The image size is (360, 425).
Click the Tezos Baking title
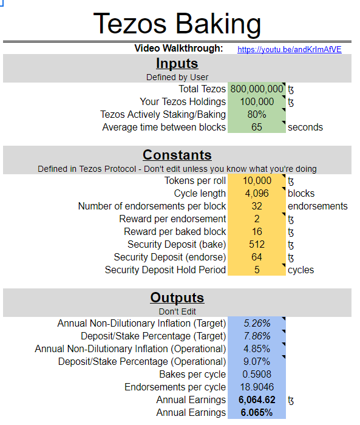177,24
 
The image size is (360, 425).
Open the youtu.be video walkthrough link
289,49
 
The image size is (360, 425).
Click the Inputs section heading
177,63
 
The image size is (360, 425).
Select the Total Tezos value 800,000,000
257,89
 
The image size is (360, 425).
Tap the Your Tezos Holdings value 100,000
257,101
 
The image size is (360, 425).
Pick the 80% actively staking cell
257,114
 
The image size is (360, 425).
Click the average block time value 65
257,127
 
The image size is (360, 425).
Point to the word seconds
305,127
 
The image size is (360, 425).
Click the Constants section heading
177,155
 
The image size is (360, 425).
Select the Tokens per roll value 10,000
257,180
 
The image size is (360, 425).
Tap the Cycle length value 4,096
257,193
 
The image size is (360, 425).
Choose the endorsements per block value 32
257,206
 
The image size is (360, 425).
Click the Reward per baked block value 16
257,231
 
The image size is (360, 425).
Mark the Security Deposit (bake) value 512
257,244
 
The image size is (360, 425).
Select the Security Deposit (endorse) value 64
257,257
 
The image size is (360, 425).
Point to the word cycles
301,270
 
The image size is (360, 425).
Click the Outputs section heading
177,298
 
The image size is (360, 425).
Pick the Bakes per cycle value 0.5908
257,374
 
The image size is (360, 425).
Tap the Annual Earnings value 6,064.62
257,399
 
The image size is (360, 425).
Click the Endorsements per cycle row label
175,387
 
